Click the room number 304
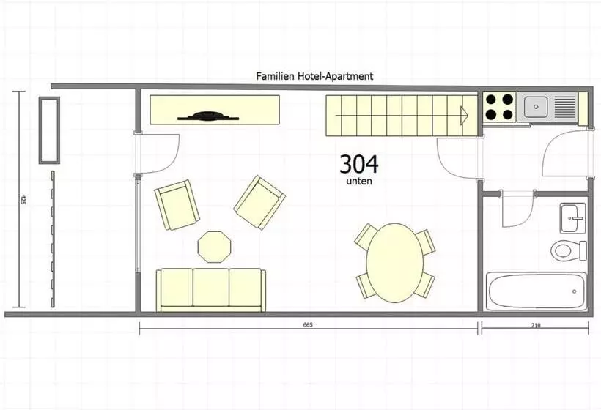[358, 164]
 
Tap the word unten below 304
[359, 182]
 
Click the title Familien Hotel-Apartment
[314, 76]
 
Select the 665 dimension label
[308, 325]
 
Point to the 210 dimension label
[536, 325]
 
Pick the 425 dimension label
[23, 199]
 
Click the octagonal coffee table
[215, 247]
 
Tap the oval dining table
[395, 263]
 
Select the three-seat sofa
[211, 289]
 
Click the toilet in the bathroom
[569, 250]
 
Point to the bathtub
[537, 291]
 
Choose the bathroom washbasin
[573, 218]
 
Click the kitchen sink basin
[536, 106]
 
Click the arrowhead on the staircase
[465, 115]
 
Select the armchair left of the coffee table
[177, 205]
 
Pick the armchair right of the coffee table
[259, 203]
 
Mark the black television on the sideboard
[208, 116]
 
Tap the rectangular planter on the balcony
[49, 130]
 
